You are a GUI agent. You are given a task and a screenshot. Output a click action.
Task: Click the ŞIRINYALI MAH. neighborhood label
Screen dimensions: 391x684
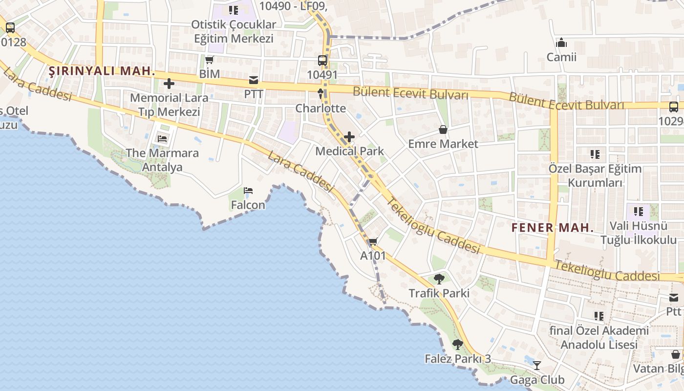(102, 71)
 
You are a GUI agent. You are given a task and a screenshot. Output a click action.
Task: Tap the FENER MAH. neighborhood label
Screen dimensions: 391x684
(553, 227)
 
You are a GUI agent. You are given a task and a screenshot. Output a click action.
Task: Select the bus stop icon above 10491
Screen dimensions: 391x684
(322, 61)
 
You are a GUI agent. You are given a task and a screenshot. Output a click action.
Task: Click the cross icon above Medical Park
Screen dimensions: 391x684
(349, 137)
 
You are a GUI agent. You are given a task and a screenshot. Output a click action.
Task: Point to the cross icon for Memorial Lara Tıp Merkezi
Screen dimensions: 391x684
(169, 84)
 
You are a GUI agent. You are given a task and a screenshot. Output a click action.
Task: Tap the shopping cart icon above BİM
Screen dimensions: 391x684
(210, 60)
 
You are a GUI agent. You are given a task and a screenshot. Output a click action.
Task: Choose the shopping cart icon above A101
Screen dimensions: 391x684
(373, 241)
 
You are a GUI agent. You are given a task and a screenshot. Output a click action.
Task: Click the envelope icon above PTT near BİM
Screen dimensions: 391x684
(254, 80)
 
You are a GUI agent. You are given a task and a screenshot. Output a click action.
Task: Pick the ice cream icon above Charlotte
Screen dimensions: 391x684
(321, 93)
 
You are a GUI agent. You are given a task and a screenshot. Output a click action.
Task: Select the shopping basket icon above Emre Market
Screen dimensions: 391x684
(443, 130)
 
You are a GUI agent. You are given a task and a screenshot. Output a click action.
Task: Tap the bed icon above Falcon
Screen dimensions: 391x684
(248, 191)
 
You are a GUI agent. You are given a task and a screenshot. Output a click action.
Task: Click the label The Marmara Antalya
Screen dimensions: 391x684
(162, 160)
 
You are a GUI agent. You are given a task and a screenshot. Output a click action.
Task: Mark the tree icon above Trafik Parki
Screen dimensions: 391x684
(439, 279)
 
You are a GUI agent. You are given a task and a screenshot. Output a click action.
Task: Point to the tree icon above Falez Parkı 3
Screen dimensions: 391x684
(457, 345)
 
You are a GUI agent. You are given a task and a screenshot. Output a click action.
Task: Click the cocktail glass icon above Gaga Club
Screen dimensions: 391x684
(537, 365)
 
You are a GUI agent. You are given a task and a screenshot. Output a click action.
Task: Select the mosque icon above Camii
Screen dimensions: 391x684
(561, 43)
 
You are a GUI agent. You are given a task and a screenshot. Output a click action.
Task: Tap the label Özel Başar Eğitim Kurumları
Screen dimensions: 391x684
(595, 176)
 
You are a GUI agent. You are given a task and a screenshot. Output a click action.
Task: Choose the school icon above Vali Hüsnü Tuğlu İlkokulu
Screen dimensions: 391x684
(639, 212)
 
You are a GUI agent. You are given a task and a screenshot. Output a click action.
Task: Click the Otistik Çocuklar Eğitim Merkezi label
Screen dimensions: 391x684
(234, 31)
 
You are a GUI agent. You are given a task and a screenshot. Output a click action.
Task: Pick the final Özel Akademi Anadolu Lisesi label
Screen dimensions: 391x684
(599, 338)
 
